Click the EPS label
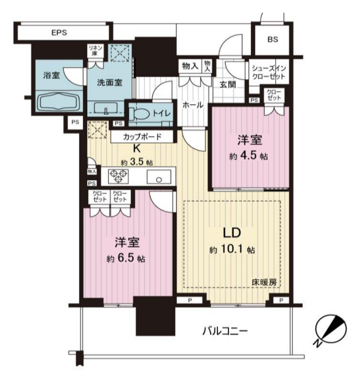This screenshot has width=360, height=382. pyautogui.click(x=59, y=33)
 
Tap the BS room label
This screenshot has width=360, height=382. pyautogui.click(x=273, y=39)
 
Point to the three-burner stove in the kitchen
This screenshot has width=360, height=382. pyautogui.click(x=118, y=176)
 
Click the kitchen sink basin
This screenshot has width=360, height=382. pyautogui.click(x=159, y=176)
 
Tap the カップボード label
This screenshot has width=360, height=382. pyautogui.click(x=142, y=137)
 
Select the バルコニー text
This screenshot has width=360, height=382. pyautogui.click(x=225, y=331)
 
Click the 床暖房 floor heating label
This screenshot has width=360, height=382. pyautogui.click(x=264, y=282)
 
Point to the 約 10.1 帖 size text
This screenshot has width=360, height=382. pyautogui.click(x=232, y=250)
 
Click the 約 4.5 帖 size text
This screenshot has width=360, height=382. pyautogui.click(x=248, y=156)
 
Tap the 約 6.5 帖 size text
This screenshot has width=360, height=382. pyautogui.click(x=126, y=258)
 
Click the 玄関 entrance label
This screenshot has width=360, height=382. pyautogui.click(x=228, y=85)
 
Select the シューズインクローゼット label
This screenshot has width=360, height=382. pyautogui.click(x=269, y=72)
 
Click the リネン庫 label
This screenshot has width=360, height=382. pyautogui.click(x=95, y=50)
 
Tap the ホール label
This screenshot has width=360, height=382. pyautogui.click(x=193, y=105)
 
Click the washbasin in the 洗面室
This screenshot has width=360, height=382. pyautogui.click(x=106, y=108)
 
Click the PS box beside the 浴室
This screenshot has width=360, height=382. pyautogui.click(x=75, y=122)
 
